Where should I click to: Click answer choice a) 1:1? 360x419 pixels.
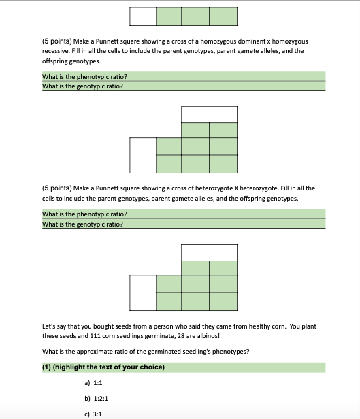pos(93,383)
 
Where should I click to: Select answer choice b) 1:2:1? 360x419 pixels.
pos(96,399)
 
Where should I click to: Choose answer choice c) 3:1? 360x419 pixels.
pos(93,414)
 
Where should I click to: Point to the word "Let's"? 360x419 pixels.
pos(48,326)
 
